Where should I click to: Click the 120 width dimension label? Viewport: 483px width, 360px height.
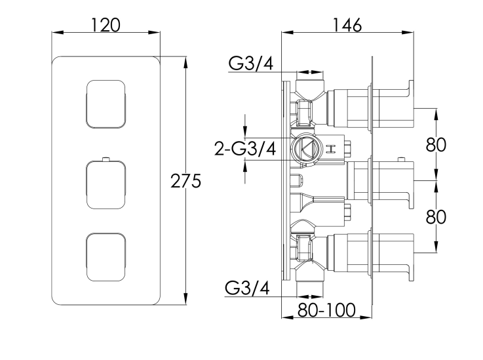tap(106, 25)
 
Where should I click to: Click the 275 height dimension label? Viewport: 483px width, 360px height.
tap(185, 181)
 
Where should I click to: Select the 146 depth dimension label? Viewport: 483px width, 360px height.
tap(347, 25)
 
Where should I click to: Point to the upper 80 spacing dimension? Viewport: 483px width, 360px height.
tap(436, 144)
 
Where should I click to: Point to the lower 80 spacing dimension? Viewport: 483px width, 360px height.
tap(436, 216)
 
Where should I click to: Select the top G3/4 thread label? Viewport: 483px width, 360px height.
tap(250, 63)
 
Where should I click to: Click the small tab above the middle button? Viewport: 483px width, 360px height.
tap(106, 159)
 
